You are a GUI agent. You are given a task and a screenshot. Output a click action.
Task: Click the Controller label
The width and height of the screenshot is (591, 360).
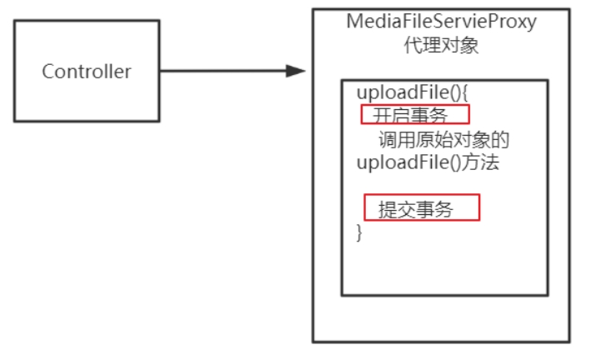pyautogui.click(x=87, y=72)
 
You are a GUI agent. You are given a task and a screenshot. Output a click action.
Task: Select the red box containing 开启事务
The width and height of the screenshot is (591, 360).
pyautogui.click(x=414, y=113)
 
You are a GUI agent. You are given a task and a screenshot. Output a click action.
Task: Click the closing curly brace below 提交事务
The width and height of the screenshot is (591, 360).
pyautogui.click(x=360, y=232)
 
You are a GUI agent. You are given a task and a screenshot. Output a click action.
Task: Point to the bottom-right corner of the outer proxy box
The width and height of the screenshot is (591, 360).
pyautogui.click(x=571, y=342)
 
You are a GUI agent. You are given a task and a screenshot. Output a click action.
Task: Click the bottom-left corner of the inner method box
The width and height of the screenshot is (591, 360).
pyautogui.click(x=342, y=294)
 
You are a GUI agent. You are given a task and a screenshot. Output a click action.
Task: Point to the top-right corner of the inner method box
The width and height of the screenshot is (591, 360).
pyautogui.click(x=548, y=80)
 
